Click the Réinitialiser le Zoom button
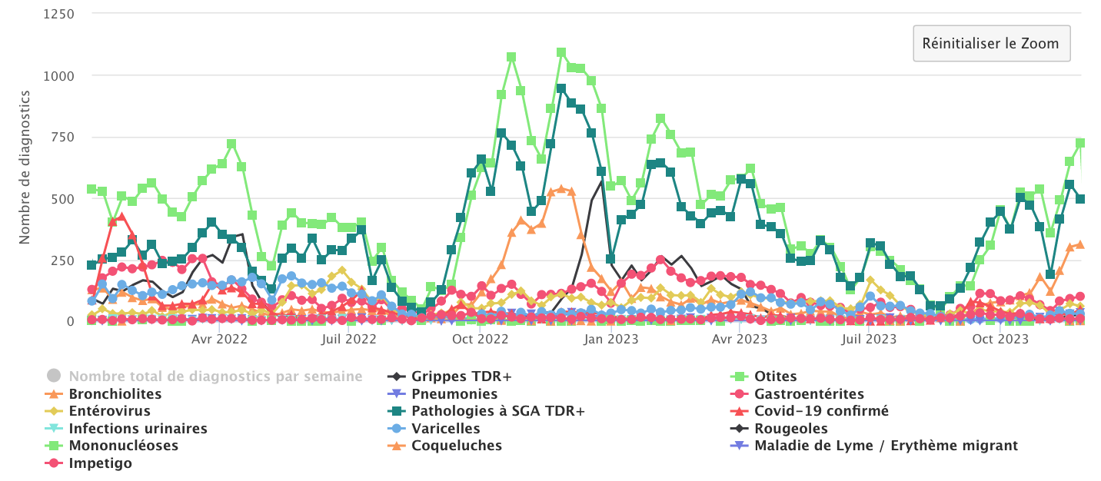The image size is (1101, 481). coord(991,43)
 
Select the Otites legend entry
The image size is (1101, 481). coord(775,377)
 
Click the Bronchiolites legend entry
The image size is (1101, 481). coord(115,394)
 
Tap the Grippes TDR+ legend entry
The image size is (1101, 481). coord(461,377)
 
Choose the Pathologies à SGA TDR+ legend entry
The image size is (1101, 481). coord(497,411)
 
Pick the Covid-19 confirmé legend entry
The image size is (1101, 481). coord(821,411)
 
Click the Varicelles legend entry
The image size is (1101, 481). coord(445,429)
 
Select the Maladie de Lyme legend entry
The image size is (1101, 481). coord(886,446)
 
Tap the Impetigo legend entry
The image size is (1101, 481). coord(100,463)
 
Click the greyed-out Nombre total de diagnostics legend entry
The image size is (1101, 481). coord(215,377)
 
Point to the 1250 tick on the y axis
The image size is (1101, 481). coord(58,15)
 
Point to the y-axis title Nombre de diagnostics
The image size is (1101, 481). coord(25,167)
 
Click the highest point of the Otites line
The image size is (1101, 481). coord(561,52)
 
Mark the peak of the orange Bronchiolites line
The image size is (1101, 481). coord(561,188)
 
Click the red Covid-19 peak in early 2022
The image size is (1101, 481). coord(121,217)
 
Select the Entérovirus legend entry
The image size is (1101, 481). coord(115,411)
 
